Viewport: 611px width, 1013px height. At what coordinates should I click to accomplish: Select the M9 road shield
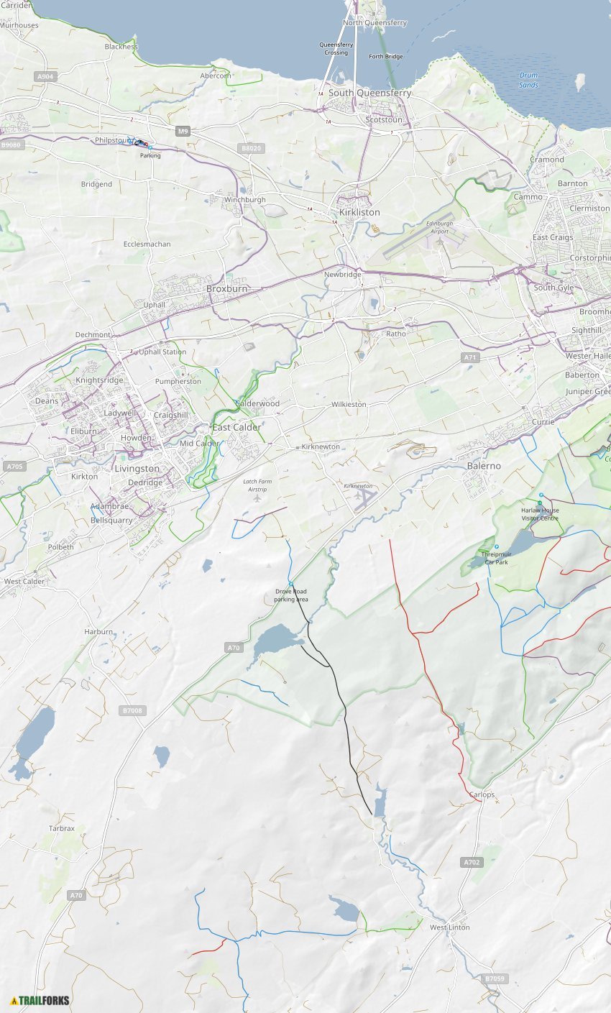point(183,131)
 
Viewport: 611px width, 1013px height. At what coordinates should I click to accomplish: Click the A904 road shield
point(45,76)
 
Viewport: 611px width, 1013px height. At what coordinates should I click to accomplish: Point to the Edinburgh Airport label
point(439,227)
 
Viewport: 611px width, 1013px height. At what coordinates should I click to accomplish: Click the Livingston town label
point(137,469)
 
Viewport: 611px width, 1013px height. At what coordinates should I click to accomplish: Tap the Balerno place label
point(484,466)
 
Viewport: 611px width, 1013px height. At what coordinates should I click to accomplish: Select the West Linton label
point(449,927)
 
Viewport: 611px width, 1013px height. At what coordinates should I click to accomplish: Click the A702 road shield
point(472,862)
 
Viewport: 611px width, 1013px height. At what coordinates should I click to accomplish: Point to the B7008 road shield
point(132,710)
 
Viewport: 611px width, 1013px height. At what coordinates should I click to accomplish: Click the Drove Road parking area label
point(291,595)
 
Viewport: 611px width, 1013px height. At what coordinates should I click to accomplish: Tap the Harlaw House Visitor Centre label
point(540,513)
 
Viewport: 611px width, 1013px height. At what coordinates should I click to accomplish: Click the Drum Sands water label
point(528,80)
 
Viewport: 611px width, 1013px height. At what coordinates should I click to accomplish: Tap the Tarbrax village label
point(62,828)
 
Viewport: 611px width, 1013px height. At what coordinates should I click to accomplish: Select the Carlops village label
point(482,794)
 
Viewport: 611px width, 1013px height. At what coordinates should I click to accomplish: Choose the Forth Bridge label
point(385,56)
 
